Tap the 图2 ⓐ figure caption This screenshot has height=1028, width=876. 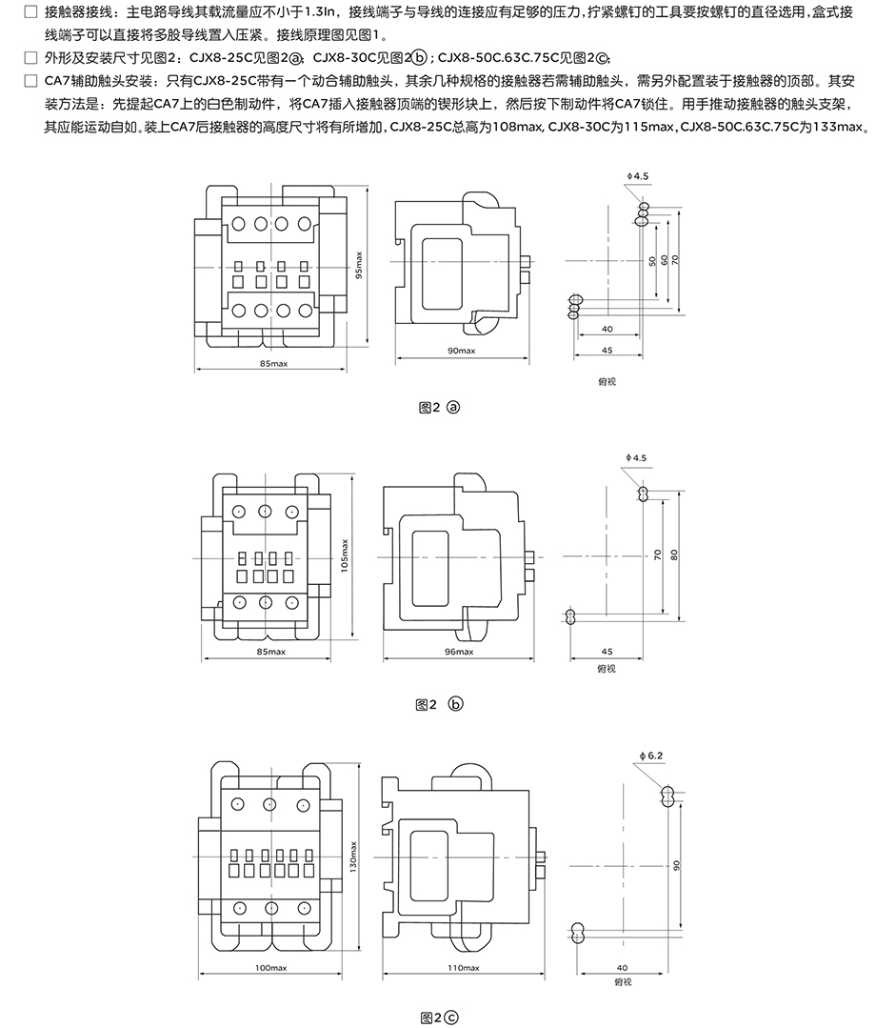point(439,408)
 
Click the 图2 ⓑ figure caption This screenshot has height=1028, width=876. point(439,705)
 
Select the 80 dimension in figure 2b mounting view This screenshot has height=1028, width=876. point(673,555)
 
